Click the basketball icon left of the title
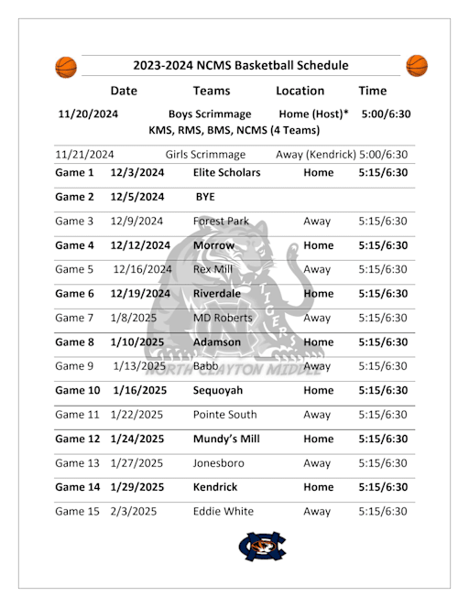point(66,67)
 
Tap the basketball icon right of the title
point(417,66)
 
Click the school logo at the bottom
point(262,547)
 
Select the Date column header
point(124,91)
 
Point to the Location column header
point(300,91)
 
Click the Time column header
point(372,91)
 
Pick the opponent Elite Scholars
point(227,172)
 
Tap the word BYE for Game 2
point(205,196)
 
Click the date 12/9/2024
point(136,221)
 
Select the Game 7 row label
point(74,318)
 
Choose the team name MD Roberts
point(223,318)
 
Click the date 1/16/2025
point(136,390)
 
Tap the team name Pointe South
point(225,415)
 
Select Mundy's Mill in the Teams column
point(226,439)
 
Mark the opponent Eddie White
point(224,511)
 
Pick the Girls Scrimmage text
point(205,155)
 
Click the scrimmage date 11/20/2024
point(88,114)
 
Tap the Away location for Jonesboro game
point(317,463)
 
